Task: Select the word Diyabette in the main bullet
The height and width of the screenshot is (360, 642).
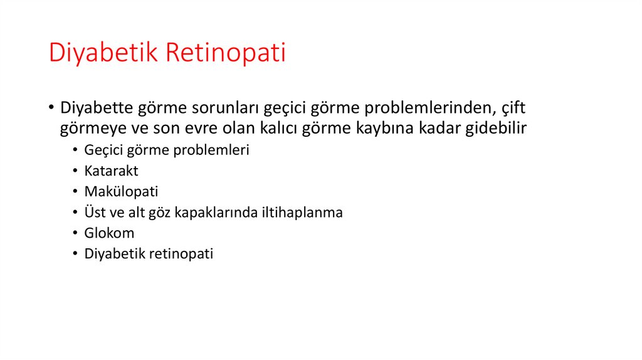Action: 96,108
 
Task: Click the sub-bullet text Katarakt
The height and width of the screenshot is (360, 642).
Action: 111,171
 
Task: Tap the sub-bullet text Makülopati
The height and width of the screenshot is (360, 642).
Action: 121,192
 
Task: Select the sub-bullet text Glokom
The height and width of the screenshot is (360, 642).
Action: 109,233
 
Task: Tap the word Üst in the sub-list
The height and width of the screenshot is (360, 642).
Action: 94,213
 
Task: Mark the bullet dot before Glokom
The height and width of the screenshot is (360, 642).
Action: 75,234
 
